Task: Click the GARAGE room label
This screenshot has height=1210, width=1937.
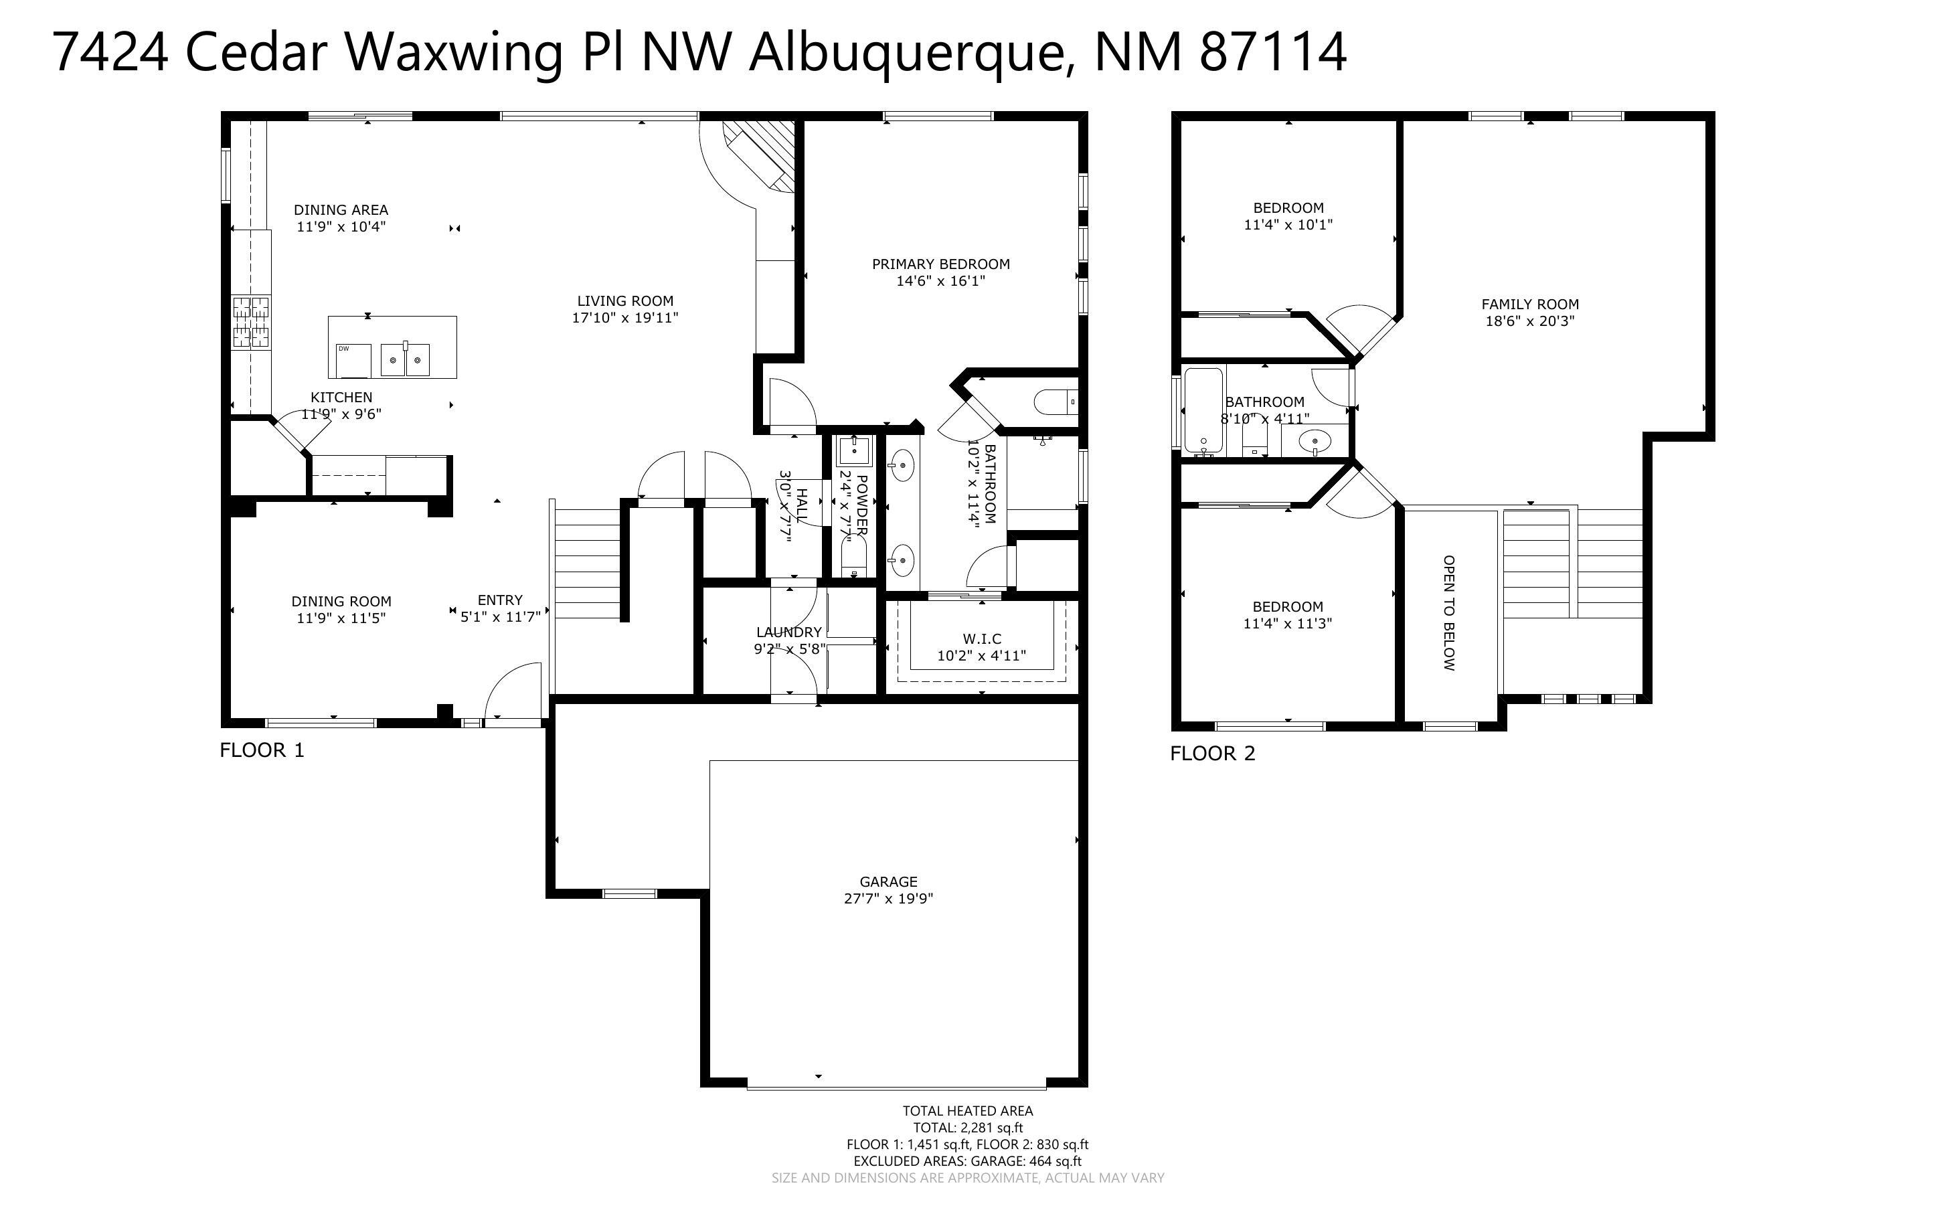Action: (x=888, y=881)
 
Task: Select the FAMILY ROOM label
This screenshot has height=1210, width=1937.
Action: (x=1530, y=304)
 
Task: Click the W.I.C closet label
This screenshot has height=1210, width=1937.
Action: (x=982, y=638)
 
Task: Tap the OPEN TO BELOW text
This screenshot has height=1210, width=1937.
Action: (x=1449, y=613)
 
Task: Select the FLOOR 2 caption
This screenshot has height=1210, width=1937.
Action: (x=1212, y=754)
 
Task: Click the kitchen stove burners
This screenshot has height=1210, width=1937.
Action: (x=250, y=322)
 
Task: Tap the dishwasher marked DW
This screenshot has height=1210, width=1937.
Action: (x=353, y=359)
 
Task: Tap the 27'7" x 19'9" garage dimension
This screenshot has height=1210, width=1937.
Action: (x=888, y=899)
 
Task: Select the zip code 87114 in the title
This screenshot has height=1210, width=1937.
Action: (x=1273, y=53)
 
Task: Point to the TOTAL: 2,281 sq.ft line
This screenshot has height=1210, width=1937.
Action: (x=967, y=1128)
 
